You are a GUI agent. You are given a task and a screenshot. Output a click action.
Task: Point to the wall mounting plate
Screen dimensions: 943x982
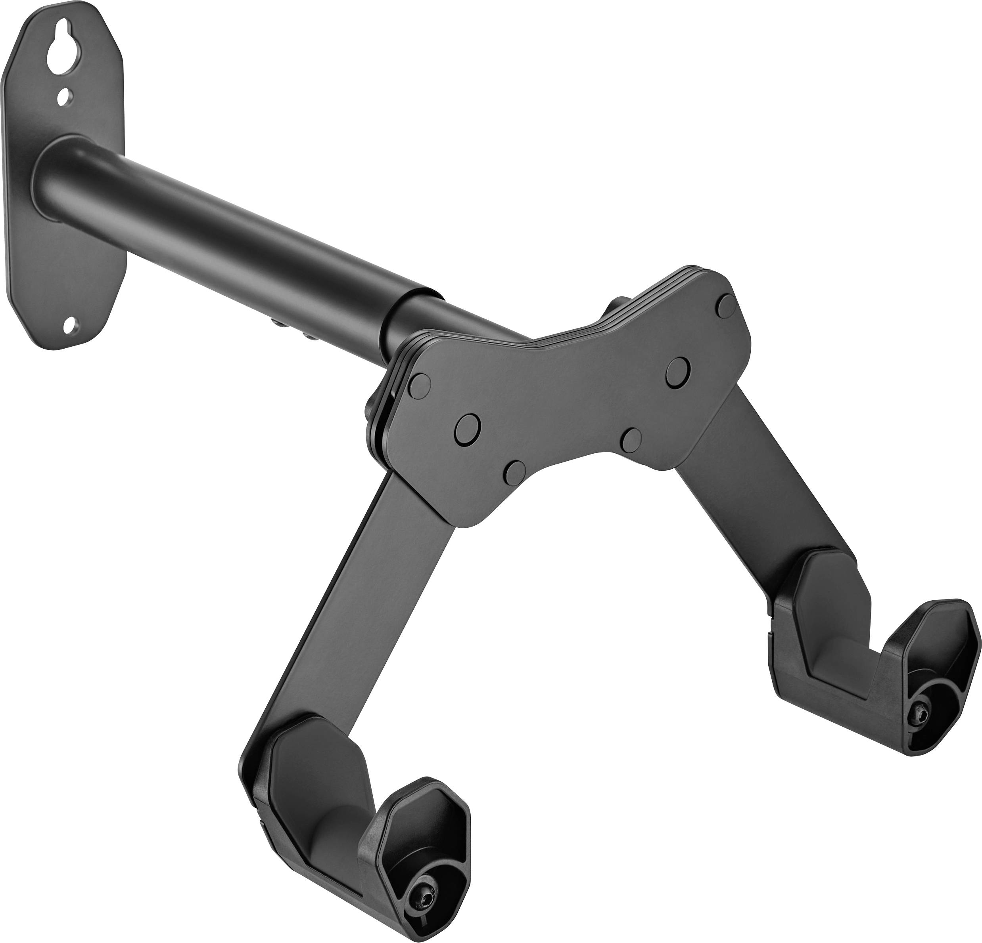coord(65,200)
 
